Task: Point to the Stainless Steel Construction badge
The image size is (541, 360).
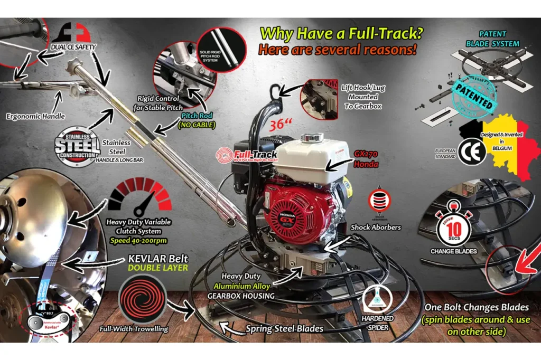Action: [x=77, y=146]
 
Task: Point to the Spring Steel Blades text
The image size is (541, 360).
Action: [x=285, y=328]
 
